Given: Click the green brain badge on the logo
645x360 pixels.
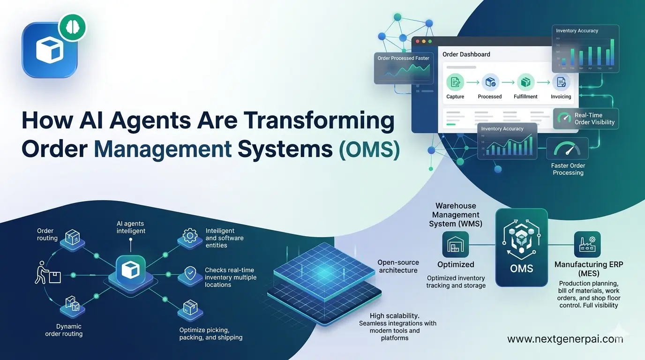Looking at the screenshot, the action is pos(72,27).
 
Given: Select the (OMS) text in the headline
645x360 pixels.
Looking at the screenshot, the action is pos(369,150).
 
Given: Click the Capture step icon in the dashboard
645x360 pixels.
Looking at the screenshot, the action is pos(455,82).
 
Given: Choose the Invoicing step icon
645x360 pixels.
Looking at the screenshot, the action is pos(561,82).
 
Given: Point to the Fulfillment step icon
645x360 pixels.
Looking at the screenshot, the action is pos(525,82).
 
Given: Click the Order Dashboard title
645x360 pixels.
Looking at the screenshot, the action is pos(466,54).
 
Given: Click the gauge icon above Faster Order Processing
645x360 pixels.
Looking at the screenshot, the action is pos(567,149).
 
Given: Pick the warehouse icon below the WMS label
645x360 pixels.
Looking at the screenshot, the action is pos(456,244).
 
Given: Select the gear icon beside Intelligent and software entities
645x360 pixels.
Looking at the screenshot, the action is pos(189,236).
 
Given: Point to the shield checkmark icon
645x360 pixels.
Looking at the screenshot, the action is pos(189,273).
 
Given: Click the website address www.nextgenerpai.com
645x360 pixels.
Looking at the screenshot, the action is pos(565,339).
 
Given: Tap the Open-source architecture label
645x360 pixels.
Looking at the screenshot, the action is pos(398,266).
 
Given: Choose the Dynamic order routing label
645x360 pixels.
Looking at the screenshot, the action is pos(64,330).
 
